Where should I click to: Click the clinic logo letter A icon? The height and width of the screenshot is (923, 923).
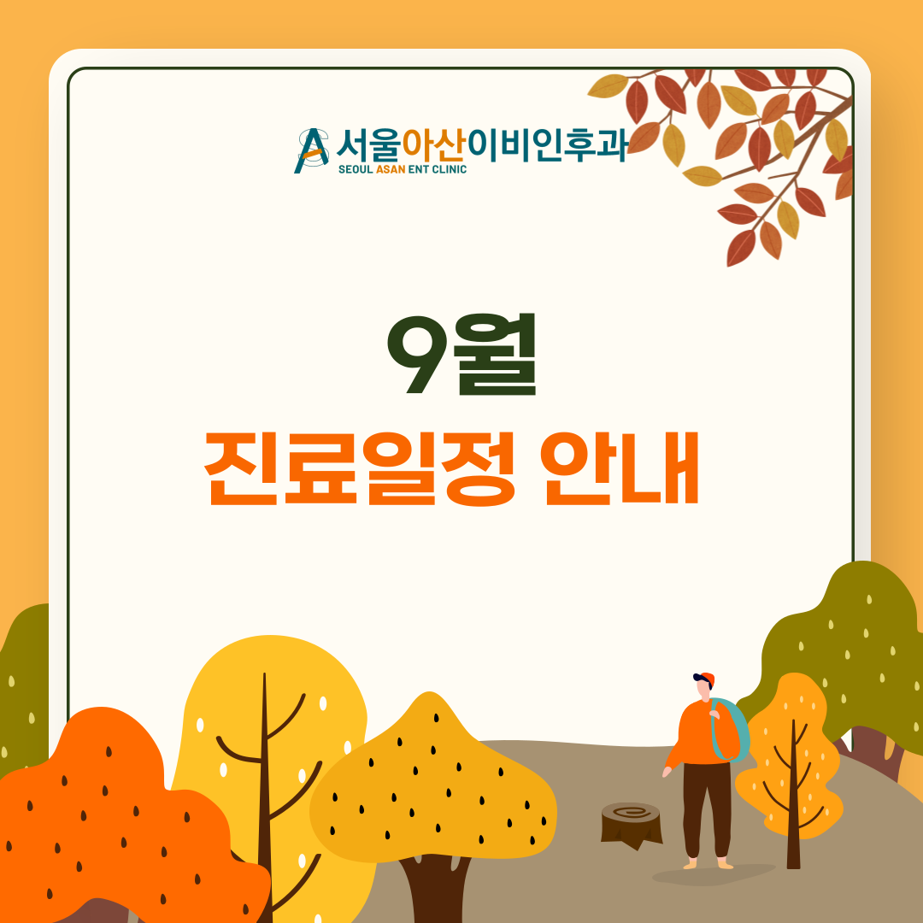311,150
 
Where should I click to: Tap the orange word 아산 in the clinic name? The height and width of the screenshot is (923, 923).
434,146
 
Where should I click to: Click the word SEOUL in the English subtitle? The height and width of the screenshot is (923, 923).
356,169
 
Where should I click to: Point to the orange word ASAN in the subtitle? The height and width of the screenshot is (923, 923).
391,169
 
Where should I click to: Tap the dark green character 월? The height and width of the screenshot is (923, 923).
495,354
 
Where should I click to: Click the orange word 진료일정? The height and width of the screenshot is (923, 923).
359,468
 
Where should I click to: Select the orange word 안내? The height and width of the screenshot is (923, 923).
621,468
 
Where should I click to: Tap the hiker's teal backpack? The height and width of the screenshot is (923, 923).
732,729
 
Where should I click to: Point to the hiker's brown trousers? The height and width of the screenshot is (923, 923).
707,809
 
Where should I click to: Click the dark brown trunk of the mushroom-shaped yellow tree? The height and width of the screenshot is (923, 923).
434,889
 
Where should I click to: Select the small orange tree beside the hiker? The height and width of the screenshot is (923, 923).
790,765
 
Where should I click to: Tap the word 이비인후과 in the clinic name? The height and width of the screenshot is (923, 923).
548,146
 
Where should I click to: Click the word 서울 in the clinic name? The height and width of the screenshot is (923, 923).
369,146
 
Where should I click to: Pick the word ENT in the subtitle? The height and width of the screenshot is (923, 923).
418,169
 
